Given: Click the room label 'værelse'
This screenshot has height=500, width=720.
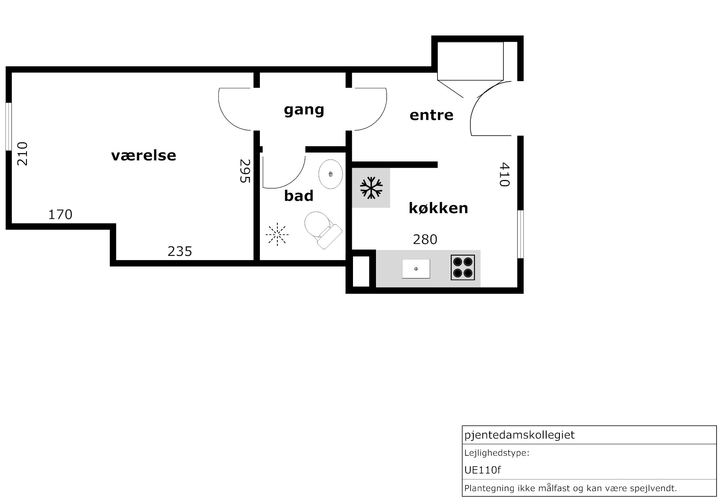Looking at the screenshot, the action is click(144, 155).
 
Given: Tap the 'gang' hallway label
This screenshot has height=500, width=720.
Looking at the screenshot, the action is click(304, 110).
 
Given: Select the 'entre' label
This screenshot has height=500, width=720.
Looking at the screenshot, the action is click(432, 115).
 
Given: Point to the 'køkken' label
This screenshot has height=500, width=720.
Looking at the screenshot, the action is click(438, 208).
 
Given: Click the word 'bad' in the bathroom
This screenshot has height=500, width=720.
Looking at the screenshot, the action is click(299, 195).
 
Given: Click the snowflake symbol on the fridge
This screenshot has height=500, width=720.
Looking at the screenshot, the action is click(371, 188).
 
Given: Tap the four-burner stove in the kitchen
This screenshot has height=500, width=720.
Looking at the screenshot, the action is click(463, 267).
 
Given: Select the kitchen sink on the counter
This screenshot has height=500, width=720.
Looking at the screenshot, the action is click(416, 269).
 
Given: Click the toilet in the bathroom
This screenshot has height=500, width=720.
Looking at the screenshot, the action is click(323, 230).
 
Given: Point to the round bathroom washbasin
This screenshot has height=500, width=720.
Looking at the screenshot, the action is click(331, 174).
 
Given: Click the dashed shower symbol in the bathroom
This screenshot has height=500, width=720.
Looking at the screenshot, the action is click(277, 234).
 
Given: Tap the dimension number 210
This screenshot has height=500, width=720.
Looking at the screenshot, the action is click(23, 154).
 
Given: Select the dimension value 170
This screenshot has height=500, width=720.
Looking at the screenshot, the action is click(60, 215).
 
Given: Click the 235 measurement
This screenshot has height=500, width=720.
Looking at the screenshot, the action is click(180, 251).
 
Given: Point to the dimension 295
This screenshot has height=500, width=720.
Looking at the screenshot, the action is click(245, 171).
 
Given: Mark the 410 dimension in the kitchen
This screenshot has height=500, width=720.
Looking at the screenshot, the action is click(504, 174).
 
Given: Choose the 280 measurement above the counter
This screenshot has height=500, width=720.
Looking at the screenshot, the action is click(425, 239).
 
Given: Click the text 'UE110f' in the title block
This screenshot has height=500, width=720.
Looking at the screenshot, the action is click(483, 470).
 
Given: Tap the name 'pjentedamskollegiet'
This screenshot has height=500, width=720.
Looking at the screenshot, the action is click(519, 435).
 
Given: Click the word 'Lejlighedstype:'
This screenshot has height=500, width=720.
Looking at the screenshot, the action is click(497, 453).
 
